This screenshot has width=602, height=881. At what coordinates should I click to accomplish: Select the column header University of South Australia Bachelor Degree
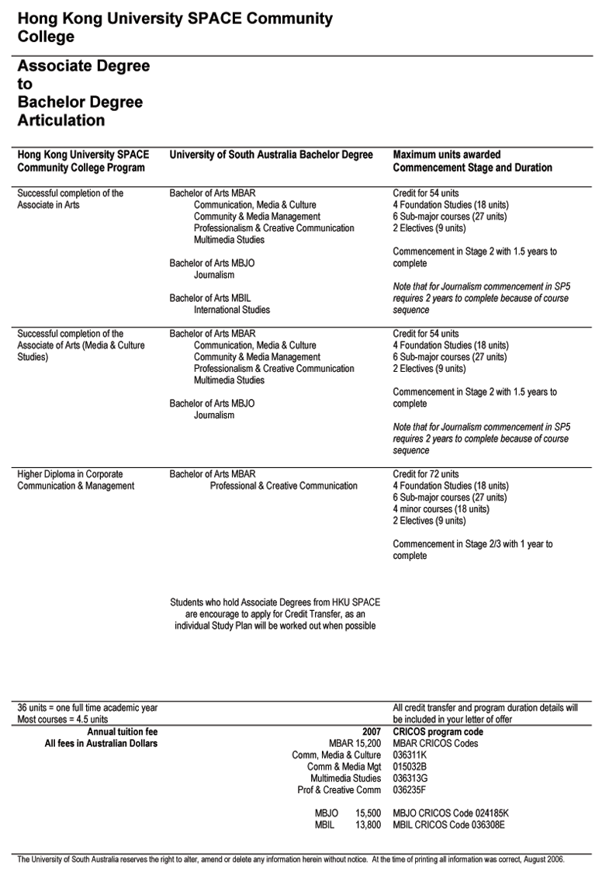click(271, 154)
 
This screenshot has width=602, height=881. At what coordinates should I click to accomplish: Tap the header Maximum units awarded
click(447, 154)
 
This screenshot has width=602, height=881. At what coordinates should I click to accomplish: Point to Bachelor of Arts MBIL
click(210, 298)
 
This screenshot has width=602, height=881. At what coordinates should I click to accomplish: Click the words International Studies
click(232, 310)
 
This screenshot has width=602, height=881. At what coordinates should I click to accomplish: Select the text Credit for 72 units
click(426, 474)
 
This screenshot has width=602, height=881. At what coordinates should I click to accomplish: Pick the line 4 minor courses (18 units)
click(441, 509)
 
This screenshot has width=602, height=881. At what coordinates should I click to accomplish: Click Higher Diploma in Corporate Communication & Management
click(75, 480)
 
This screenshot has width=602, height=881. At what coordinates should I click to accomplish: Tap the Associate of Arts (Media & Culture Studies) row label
click(81, 345)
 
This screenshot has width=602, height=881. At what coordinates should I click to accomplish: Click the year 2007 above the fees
click(372, 732)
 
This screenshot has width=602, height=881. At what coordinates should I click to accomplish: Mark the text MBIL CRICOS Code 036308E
click(449, 825)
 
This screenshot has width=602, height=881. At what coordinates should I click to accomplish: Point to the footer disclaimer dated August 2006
click(291, 860)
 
